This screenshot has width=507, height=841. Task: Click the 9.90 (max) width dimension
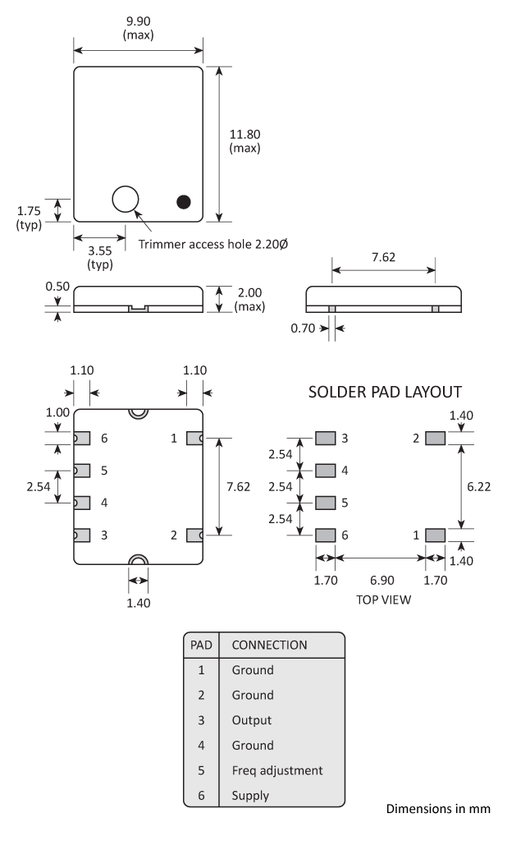point(139,28)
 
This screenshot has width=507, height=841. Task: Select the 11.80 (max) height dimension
point(245,140)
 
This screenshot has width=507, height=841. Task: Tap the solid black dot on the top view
point(184,201)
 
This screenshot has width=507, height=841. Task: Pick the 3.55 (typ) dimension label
point(99,257)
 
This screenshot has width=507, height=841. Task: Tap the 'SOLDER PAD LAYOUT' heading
point(385,392)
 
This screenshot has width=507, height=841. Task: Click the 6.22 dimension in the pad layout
point(479,487)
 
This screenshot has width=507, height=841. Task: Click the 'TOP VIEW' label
point(383,600)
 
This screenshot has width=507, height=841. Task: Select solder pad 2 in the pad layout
point(435,439)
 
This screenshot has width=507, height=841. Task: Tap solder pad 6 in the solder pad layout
point(327,535)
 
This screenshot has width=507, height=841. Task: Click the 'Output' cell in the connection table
point(251,720)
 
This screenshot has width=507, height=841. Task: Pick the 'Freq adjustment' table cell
point(277,770)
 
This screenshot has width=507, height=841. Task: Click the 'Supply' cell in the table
point(250,796)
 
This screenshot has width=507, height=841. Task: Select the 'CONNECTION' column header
point(270,645)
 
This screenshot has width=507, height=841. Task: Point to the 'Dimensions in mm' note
point(438,810)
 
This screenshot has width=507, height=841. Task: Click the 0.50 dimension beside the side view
point(56,287)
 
